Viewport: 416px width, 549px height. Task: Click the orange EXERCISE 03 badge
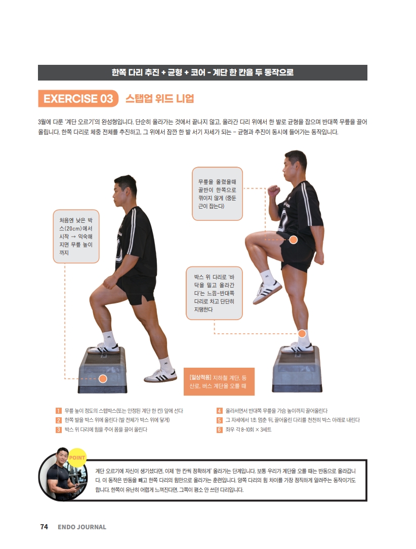[78, 98]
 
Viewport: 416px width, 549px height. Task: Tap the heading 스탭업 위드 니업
[159, 98]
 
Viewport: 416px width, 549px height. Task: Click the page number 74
[44, 527]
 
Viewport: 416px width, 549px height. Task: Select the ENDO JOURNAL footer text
[82, 527]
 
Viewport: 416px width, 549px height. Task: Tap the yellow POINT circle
[76, 457]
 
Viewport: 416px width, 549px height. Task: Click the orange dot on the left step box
[103, 378]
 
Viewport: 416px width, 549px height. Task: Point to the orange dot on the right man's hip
[293, 240]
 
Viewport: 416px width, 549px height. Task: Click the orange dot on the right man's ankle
[302, 333]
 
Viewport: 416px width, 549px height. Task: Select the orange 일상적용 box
[219, 381]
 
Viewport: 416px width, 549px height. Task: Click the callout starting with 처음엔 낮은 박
[76, 237]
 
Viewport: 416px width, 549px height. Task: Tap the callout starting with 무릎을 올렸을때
[217, 193]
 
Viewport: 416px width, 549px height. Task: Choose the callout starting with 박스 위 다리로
[214, 293]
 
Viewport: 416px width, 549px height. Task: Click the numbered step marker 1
[59, 411]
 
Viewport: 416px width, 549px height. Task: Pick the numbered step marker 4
[219, 411]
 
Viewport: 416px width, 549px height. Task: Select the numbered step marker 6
[219, 429]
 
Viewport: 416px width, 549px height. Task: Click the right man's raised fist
[273, 191]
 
